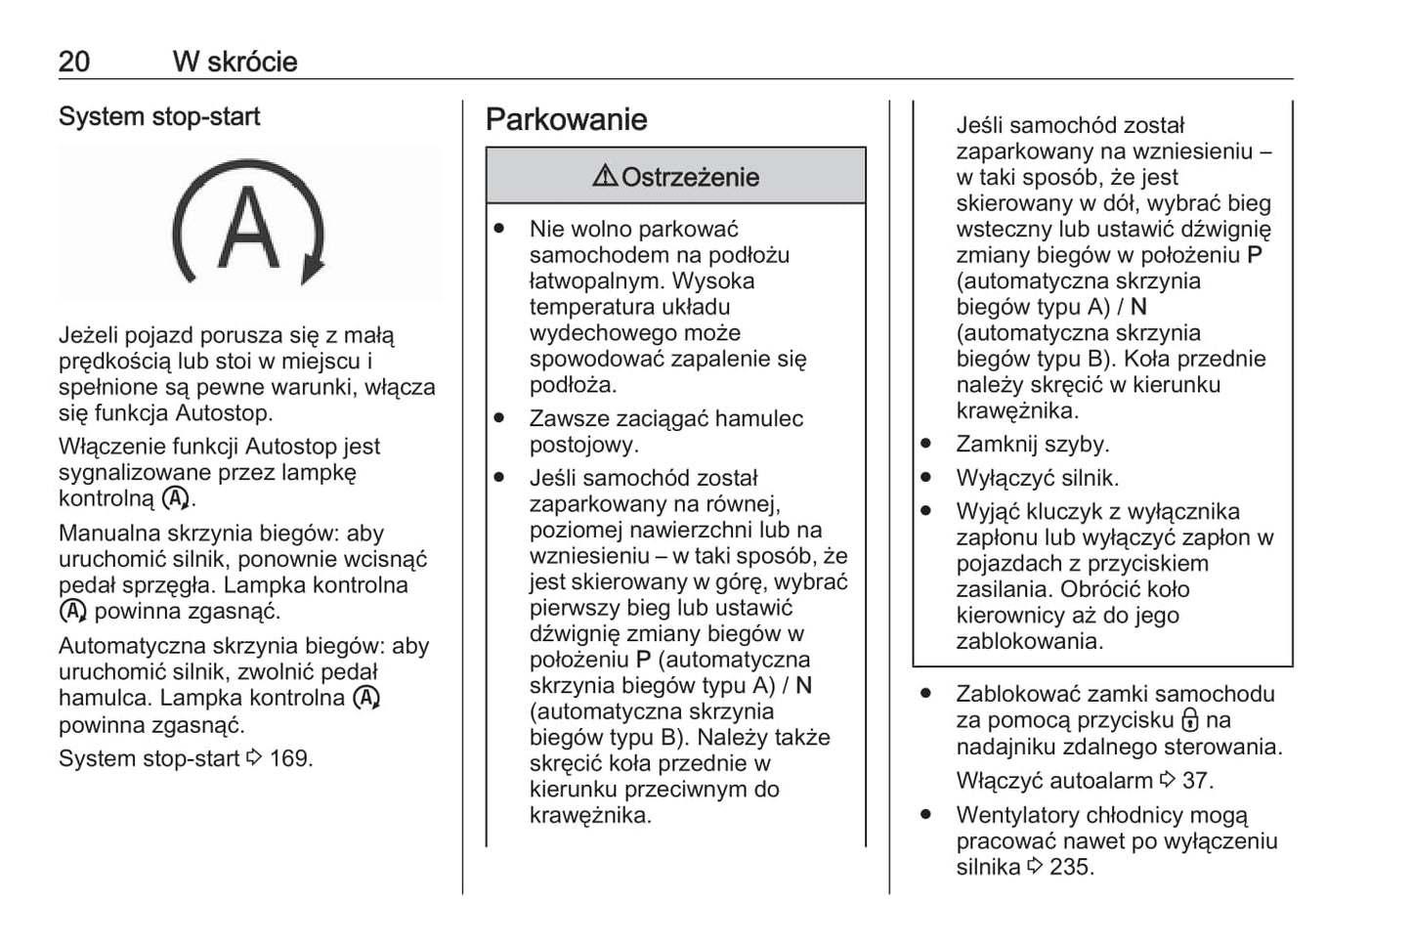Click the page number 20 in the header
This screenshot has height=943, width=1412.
pos(74,62)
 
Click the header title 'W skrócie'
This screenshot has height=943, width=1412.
pos(235,62)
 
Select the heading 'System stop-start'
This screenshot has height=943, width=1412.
pos(159,116)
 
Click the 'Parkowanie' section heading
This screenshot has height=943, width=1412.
pos(566,119)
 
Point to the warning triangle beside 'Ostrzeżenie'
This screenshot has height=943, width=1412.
pos(605,176)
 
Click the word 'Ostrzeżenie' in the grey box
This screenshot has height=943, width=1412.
pos(690,177)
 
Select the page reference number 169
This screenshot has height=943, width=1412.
pos(291,758)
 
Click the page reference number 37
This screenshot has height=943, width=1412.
pos(1197,781)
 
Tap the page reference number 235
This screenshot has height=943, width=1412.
pos(1071,867)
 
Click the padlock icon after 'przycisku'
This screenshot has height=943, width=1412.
pos(1189,721)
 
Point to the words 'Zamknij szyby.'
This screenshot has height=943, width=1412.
pos(1032,445)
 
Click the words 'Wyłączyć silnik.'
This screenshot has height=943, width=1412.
pos(1037,478)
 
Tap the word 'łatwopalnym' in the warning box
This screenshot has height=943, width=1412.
pos(585,281)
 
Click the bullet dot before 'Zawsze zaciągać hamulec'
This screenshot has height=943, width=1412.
pos(499,418)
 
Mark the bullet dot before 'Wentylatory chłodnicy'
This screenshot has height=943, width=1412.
pos(925,814)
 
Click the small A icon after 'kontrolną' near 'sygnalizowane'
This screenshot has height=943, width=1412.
pos(176,498)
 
